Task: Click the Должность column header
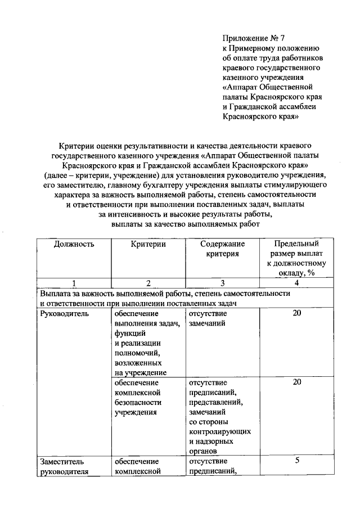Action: click(x=74, y=244)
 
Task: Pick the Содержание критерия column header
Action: click(x=222, y=249)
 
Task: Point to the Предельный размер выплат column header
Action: click(x=296, y=258)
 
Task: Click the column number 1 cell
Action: click(x=74, y=283)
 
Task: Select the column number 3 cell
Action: click(x=222, y=283)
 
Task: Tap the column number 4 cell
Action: click(x=296, y=283)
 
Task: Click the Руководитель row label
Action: click(x=64, y=314)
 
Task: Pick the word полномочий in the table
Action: click(x=137, y=353)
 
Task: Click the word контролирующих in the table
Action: click(x=219, y=431)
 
